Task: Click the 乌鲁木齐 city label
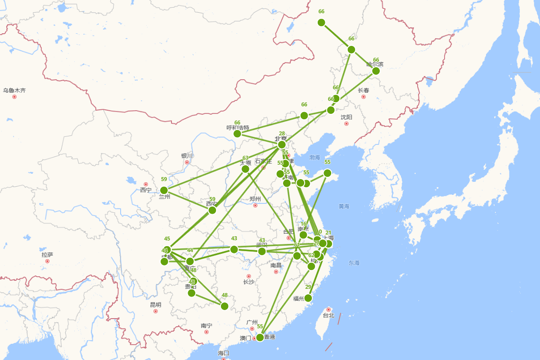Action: click(14, 90)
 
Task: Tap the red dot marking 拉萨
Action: click(47, 261)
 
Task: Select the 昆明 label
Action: click(156, 305)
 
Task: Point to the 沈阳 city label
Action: click(346, 117)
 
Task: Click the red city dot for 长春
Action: click(363, 97)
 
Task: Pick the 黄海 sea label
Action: click(344, 206)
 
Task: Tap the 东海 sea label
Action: click(354, 263)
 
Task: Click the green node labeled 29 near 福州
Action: click(308, 298)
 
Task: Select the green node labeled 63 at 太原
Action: click(245, 169)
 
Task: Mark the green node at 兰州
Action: click(164, 190)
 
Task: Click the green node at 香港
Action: click(260, 337)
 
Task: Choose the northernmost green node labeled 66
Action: click(321, 22)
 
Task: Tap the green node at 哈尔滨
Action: click(376, 71)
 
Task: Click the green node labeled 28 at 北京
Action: click(282, 144)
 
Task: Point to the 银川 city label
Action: click(187, 156)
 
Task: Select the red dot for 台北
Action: click(328, 309)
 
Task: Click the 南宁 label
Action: click(207, 325)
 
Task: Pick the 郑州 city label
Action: click(255, 199)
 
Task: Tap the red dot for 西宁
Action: click(146, 184)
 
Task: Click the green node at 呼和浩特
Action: click(237, 134)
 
